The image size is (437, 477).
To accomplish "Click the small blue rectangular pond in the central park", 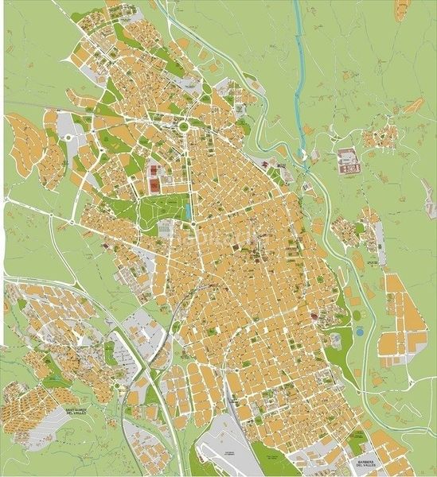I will [186, 212].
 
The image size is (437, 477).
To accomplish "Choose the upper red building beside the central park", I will [152, 170].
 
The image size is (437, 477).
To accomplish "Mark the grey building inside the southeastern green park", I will [334, 340].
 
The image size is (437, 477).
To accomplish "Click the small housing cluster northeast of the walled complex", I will [380, 136].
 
